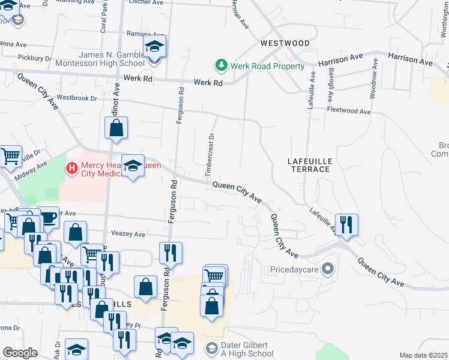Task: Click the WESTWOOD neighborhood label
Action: pyautogui.click(x=285, y=43)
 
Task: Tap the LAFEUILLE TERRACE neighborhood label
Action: pyautogui.click(x=309, y=165)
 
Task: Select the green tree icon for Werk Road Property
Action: pyautogui.click(x=221, y=65)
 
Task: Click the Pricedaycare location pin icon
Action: pyautogui.click(x=328, y=269)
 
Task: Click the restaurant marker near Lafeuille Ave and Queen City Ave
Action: pyautogui.click(x=346, y=225)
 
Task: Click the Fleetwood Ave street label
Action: pyautogui.click(x=349, y=111)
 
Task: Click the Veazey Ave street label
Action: pyautogui.click(x=128, y=234)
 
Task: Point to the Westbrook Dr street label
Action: pyautogui.click(x=76, y=97)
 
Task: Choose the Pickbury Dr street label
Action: pyautogui.click(x=35, y=58)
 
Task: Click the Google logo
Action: pyautogui.click(x=20, y=353)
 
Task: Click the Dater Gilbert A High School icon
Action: pyautogui.click(x=211, y=348)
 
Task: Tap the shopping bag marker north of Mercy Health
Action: pyautogui.click(x=116, y=128)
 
